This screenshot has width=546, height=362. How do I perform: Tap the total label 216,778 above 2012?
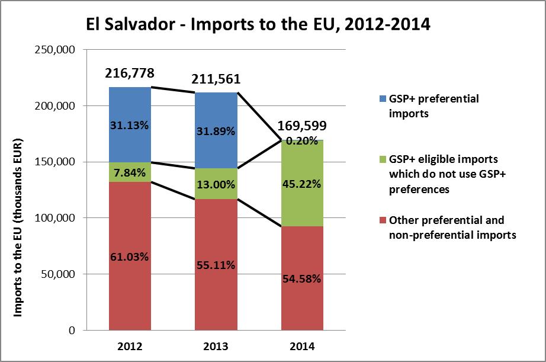pyautogui.click(x=130, y=73)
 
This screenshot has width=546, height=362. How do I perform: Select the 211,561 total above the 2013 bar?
pyautogui.click(x=216, y=79)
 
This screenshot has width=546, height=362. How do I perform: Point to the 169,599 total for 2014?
pyautogui.click(x=303, y=127)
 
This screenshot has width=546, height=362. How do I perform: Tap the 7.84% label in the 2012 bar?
pyautogui.click(x=130, y=172)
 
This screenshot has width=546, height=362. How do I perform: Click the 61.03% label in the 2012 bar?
pyautogui.click(x=130, y=257)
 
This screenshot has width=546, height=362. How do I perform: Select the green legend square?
pyautogui.click(x=380, y=160)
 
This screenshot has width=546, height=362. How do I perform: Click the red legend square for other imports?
pyautogui.click(x=380, y=221)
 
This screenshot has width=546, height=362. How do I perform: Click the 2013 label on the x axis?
pyautogui.click(x=216, y=346)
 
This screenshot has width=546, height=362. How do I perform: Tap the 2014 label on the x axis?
pyautogui.click(x=302, y=346)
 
